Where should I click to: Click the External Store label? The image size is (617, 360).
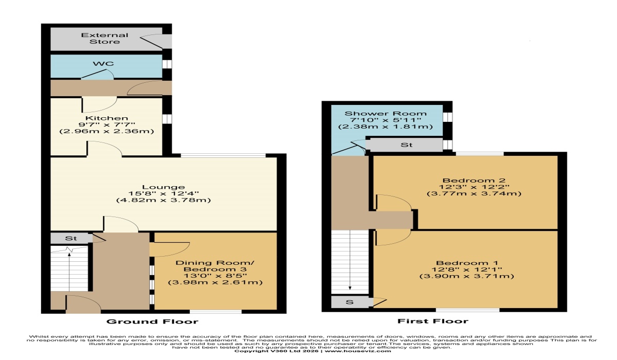click(105, 39)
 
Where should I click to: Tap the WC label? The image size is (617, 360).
click(103, 64)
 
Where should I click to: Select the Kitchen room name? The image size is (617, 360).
click(106, 118)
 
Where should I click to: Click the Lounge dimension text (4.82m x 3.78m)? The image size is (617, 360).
click(164, 200)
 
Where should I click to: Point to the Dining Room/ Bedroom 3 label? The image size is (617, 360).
click(215, 266)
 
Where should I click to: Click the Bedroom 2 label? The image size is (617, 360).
click(474, 181)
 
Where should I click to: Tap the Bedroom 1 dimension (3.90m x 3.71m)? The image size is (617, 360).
click(467, 276)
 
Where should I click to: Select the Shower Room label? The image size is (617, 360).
click(385, 114)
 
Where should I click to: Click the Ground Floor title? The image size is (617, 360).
click(152, 321)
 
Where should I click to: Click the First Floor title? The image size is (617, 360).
click(433, 321)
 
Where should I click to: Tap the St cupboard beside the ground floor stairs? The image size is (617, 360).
click(71, 238)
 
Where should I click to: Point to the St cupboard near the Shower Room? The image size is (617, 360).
click(406, 145)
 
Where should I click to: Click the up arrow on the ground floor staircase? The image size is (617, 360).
click(69, 272)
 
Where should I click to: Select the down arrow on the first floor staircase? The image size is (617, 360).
click(350, 260)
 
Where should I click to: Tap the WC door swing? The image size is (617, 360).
click(98, 74)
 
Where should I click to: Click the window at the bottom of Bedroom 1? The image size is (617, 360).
click(468, 310)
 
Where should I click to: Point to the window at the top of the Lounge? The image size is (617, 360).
click(223, 156)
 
